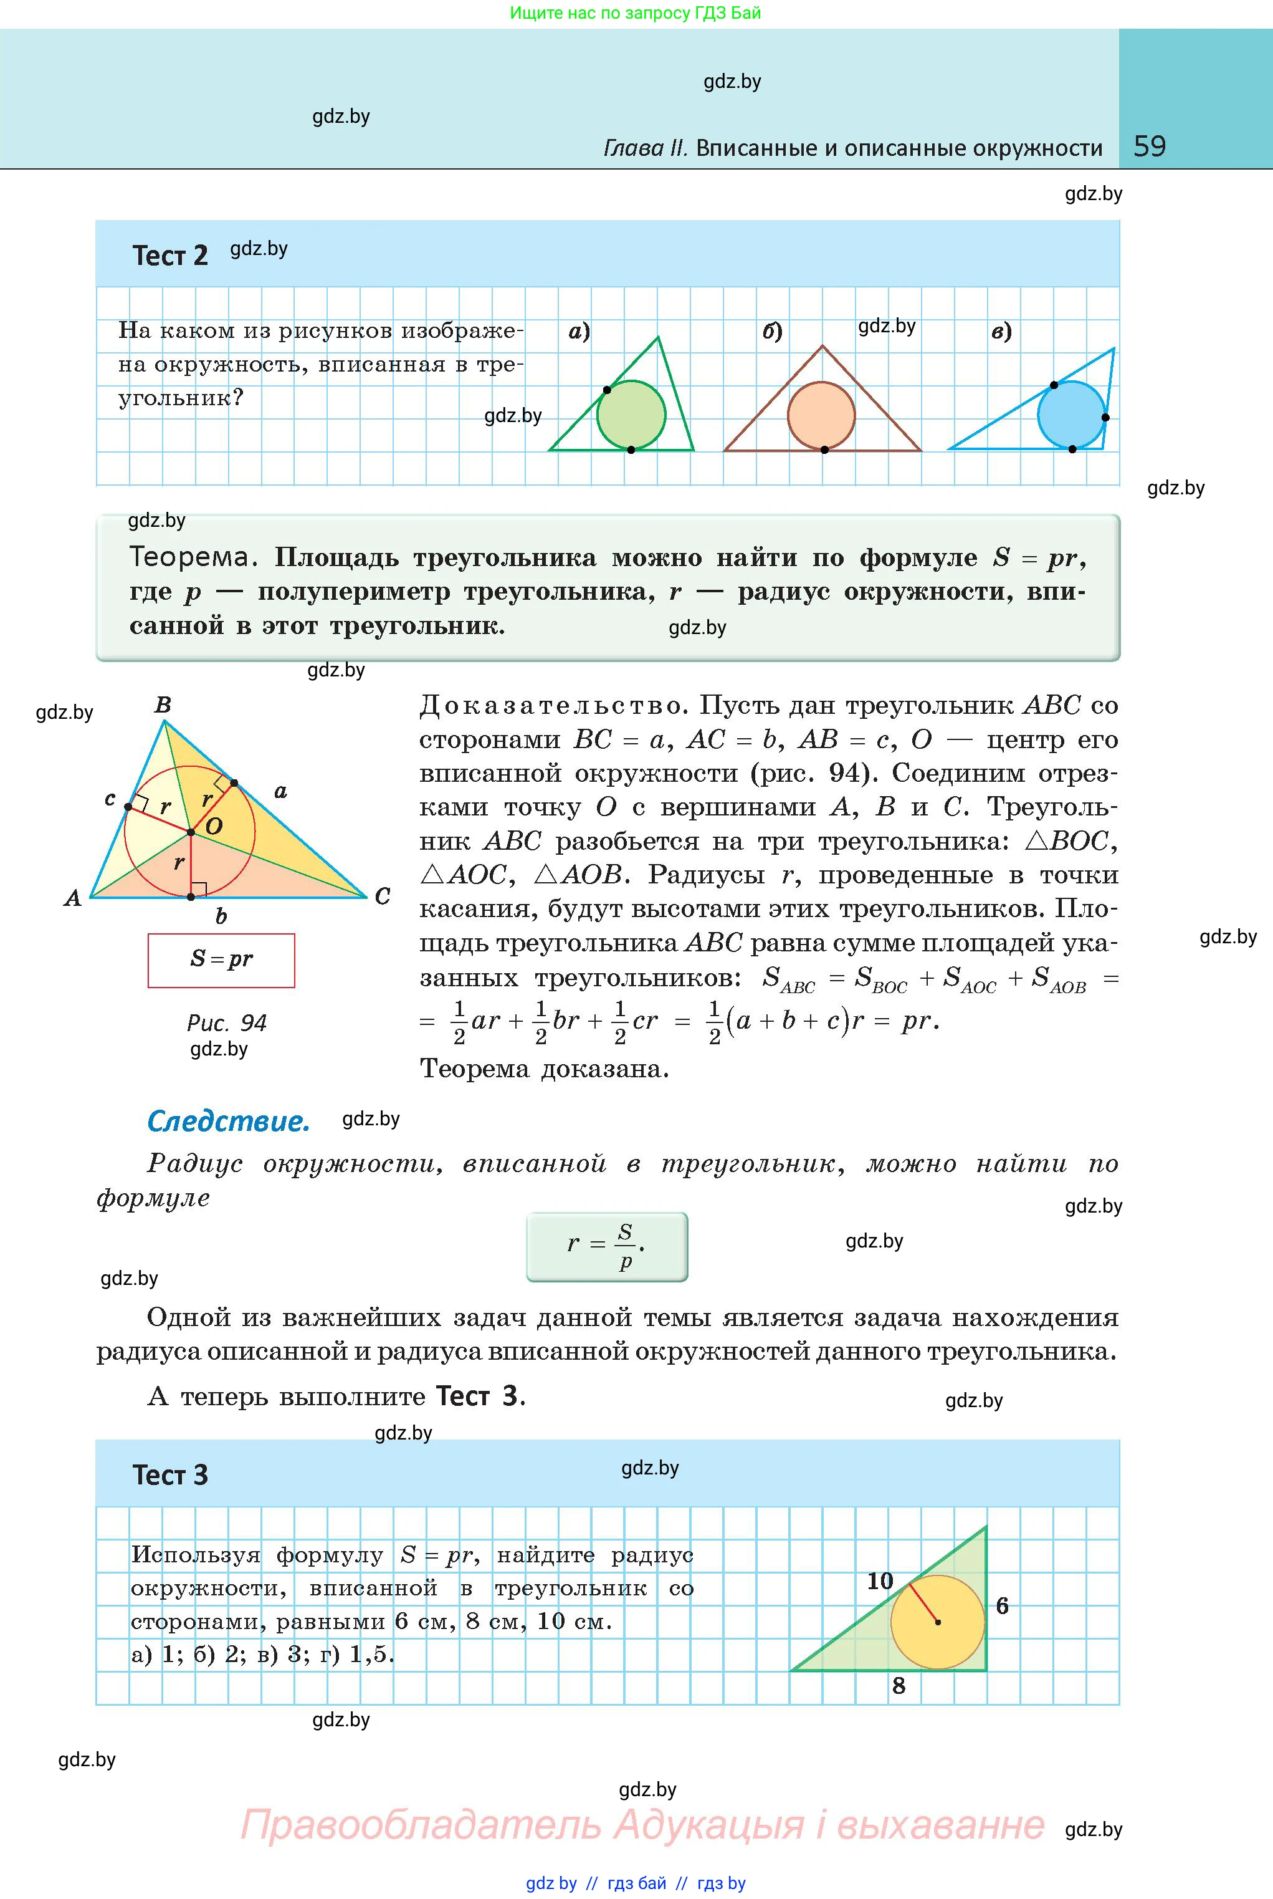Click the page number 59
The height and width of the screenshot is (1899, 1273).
pos(1149,147)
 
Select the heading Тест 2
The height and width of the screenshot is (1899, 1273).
pos(169,256)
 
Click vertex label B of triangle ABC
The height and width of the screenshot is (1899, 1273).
pos(163,705)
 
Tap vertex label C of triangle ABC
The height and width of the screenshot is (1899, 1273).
pos(383,897)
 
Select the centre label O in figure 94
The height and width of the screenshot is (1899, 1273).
pos(214,827)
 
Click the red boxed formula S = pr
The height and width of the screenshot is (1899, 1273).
pos(221,960)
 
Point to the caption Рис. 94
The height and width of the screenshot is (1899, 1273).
pos(227,1022)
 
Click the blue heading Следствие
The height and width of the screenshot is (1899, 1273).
pos(228,1122)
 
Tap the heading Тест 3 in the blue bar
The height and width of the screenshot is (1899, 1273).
pos(169,1475)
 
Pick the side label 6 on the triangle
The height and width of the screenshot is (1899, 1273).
pos(1003,1606)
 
